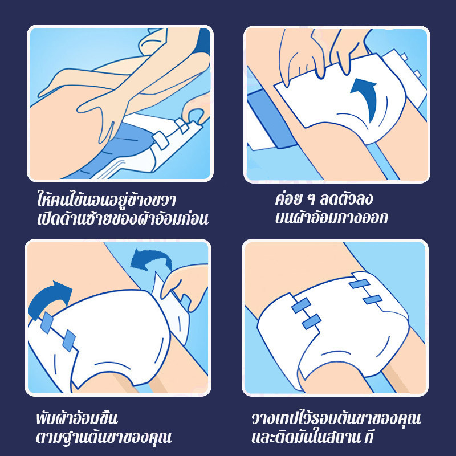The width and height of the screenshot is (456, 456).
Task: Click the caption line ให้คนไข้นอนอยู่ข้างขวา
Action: (x=106, y=199)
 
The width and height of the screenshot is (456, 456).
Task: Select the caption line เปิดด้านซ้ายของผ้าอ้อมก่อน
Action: (x=123, y=218)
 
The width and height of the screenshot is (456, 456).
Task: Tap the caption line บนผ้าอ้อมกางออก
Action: (x=331, y=217)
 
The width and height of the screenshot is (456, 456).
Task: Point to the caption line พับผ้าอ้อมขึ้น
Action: (x=77, y=417)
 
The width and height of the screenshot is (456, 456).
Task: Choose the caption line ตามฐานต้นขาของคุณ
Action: (x=104, y=436)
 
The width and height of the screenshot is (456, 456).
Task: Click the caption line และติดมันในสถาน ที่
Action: (x=312, y=436)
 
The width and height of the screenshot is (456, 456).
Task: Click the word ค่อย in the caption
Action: (x=288, y=198)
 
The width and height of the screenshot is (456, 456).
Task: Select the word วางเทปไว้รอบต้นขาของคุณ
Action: (x=336, y=418)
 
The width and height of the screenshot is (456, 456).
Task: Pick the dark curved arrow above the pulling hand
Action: (x=150, y=258)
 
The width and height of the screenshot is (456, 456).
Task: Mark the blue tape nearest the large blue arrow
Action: (x=47, y=322)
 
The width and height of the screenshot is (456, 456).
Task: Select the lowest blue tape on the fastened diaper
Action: (x=311, y=321)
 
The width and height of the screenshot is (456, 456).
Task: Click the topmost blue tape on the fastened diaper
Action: (x=359, y=283)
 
